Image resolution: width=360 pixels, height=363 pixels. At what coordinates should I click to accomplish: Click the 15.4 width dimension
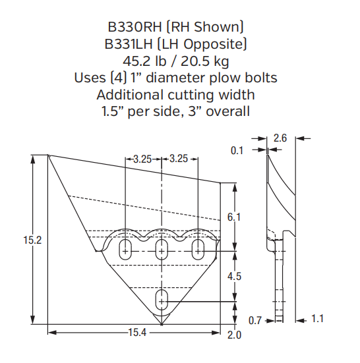pos(136,333)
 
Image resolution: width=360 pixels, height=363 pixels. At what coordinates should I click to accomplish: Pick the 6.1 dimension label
pos(235,217)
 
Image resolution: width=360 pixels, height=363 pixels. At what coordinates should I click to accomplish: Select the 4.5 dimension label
pos(235,277)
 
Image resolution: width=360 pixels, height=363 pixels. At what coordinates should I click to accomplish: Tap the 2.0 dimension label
pos(235,335)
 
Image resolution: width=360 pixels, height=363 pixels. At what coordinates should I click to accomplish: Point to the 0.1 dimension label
pos(237,150)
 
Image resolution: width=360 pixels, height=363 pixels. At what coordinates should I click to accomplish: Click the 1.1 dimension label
pos(318,320)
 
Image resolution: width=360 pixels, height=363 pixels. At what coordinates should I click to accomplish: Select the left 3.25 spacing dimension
pos(142,159)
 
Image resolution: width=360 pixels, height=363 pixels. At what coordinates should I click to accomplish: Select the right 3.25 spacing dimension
pos(180,159)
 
